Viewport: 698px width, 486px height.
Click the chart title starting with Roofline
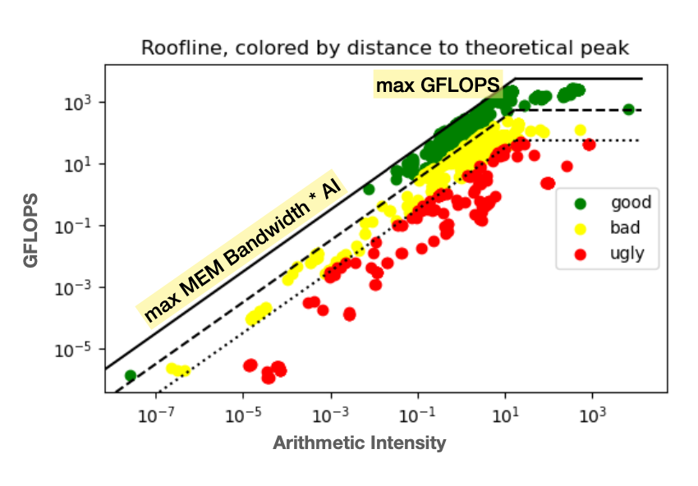tap(385, 48)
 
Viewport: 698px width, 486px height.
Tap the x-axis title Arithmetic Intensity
tap(359, 443)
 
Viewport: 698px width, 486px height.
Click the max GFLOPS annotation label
tap(437, 84)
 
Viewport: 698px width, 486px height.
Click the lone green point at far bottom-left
tap(130, 376)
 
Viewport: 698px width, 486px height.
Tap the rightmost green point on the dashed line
tap(629, 109)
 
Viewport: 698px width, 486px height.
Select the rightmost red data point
tap(589, 144)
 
